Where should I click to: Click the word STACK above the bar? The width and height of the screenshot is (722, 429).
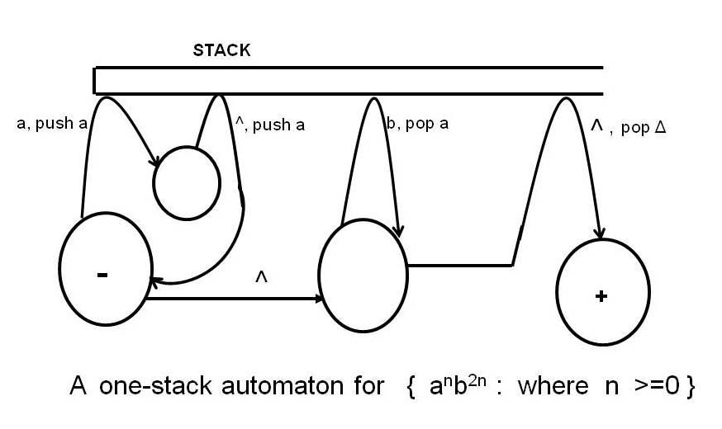221,50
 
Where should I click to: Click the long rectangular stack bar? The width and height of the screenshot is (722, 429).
348,81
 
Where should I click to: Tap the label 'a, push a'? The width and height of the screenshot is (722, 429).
52,125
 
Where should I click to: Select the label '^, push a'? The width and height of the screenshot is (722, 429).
270,125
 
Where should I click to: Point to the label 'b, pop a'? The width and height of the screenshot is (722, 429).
418,125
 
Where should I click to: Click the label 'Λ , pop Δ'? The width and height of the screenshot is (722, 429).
628,127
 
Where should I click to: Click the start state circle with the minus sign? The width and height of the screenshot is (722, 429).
104,269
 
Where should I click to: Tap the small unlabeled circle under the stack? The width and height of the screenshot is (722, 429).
187,183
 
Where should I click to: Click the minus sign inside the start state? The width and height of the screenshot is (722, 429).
102,275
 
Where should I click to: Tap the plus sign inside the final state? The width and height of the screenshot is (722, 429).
601,296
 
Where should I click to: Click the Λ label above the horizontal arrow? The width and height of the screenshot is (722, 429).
261,279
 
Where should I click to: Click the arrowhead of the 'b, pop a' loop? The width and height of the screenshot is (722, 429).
400,232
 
